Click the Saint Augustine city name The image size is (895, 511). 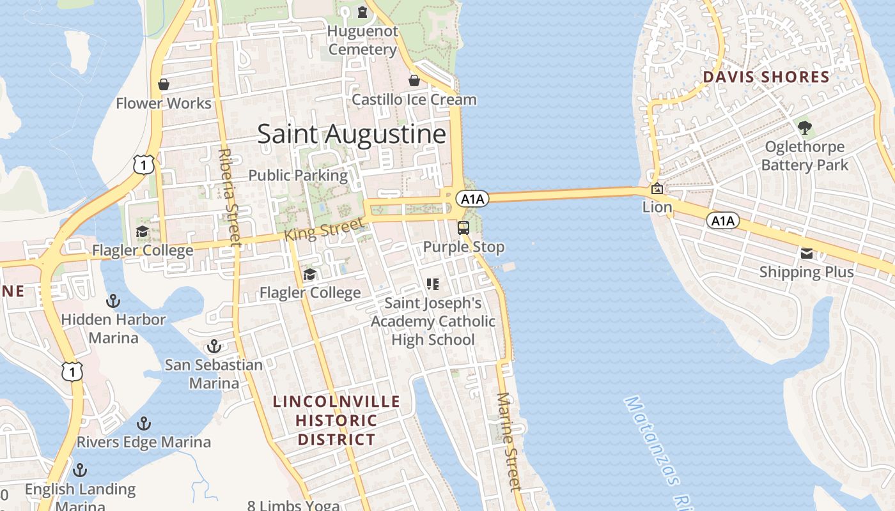(x=352, y=134)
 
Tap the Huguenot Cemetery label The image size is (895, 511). (x=362, y=40)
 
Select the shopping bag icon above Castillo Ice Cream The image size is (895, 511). (x=414, y=80)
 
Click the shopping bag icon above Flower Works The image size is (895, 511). (x=164, y=84)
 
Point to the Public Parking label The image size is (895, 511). (x=298, y=175)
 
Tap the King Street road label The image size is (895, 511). (x=324, y=229)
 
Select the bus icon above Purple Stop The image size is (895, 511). (x=463, y=227)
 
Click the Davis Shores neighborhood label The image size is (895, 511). (x=766, y=77)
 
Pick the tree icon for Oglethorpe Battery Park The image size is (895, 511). (x=805, y=128)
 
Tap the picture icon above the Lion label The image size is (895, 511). (x=657, y=188)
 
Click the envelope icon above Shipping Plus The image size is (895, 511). (x=806, y=254)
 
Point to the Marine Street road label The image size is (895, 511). (x=510, y=441)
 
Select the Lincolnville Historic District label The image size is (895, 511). (x=336, y=420)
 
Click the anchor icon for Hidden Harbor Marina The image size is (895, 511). (x=113, y=300)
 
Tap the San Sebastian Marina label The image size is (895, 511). (x=214, y=374)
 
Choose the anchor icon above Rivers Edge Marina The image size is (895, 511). (x=144, y=423)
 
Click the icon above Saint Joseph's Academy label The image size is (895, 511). (x=433, y=284)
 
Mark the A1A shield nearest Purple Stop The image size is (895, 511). (x=472, y=199)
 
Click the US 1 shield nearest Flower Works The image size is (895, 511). (x=144, y=164)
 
